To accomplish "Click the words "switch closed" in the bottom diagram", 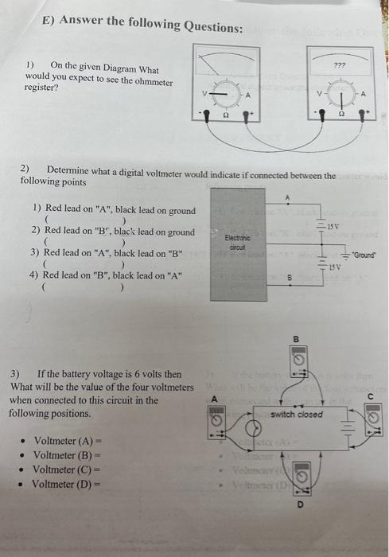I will click(x=296, y=415).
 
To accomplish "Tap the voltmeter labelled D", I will click(x=304, y=480).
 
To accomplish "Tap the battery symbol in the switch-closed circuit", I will click(x=348, y=426).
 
